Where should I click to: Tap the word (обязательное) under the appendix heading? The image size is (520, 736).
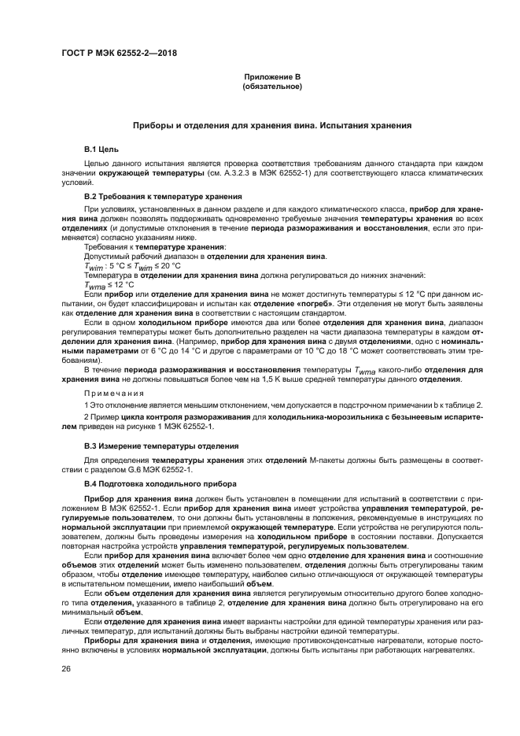272,86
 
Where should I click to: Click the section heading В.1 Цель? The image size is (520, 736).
101,148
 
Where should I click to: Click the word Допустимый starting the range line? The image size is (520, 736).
105,257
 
